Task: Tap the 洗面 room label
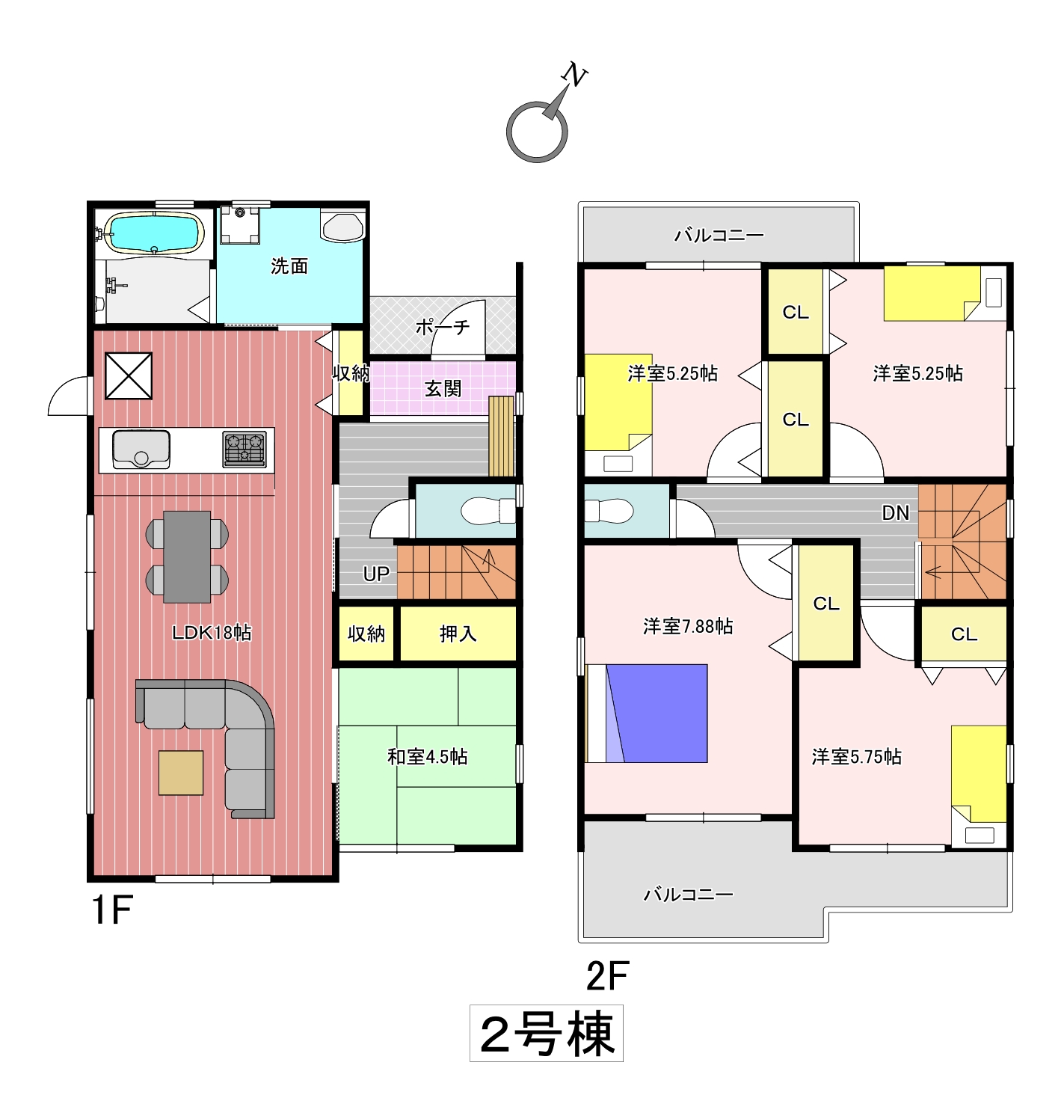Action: click(289, 266)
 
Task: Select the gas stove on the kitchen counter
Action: click(245, 450)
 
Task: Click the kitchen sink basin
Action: click(141, 450)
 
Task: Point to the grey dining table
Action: click(187, 556)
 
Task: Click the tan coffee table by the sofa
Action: click(181, 773)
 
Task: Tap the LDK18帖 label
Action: click(212, 633)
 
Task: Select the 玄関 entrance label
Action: click(443, 388)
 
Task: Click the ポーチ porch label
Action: click(443, 327)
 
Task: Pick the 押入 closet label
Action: click(458, 634)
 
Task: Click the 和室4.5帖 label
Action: click(427, 757)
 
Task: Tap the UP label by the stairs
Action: click(376, 574)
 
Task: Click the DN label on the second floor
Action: click(895, 513)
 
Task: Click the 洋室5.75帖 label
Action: click(856, 757)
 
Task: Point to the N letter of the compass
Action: click(574, 75)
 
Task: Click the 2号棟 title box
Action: click(546, 1034)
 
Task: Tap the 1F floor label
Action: click(112, 909)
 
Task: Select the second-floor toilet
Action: click(609, 510)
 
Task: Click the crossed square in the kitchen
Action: click(129, 375)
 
